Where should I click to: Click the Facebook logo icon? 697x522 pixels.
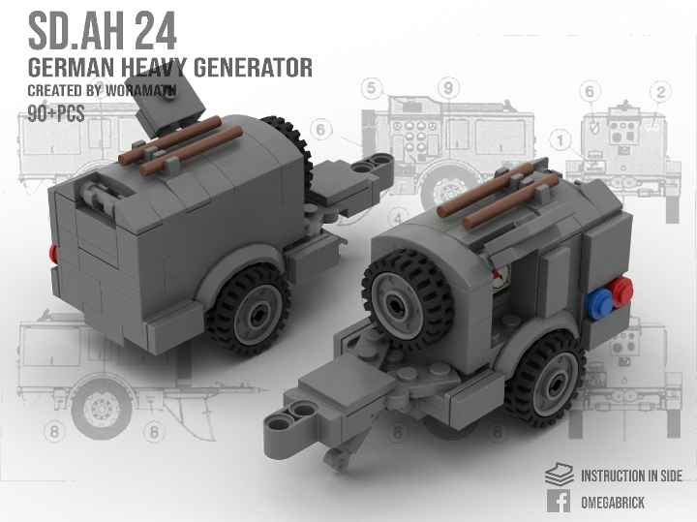pos(558,502)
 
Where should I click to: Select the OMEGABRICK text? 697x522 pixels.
pos(614,503)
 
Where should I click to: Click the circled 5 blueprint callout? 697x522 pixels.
pos(370,89)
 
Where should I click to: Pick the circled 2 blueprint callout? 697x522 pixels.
pos(661,93)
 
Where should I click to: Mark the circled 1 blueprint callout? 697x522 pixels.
pos(561,141)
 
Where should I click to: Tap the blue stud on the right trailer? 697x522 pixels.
pos(600,300)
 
